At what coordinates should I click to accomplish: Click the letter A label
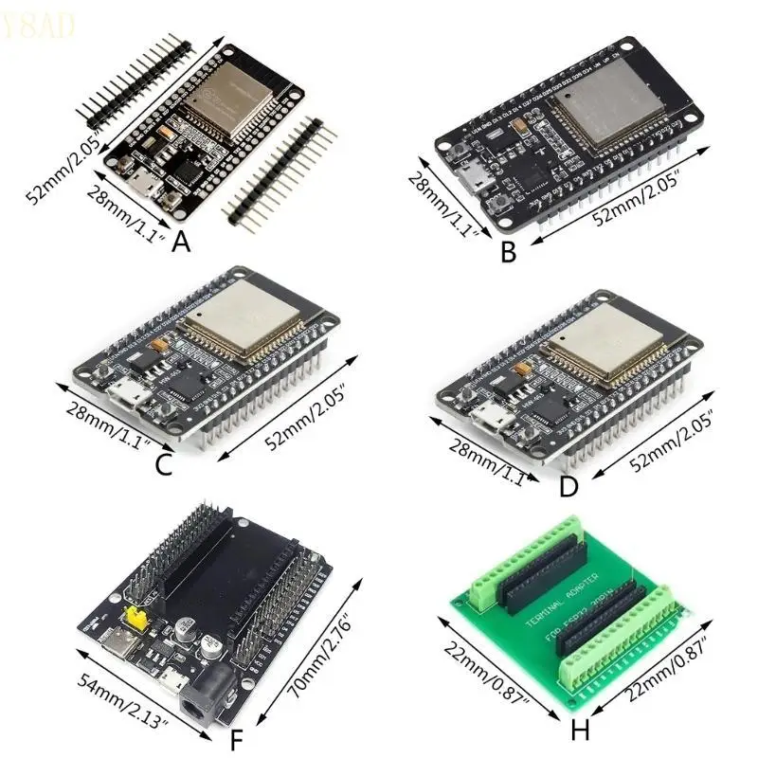[182, 243]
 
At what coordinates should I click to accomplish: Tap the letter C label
[163, 465]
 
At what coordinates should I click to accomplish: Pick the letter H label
[581, 731]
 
